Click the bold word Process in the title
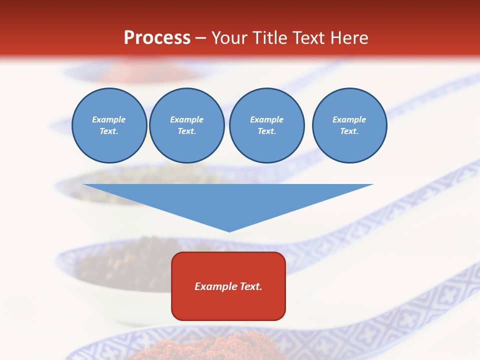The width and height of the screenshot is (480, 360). (157, 37)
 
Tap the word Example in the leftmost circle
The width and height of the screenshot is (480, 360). (109, 119)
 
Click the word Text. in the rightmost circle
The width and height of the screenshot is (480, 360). (349, 131)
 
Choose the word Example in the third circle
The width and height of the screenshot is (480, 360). (266, 119)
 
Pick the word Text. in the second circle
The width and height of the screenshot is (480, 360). (186, 131)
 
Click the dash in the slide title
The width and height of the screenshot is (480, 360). (200, 38)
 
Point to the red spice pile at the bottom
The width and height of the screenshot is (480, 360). (200, 350)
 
